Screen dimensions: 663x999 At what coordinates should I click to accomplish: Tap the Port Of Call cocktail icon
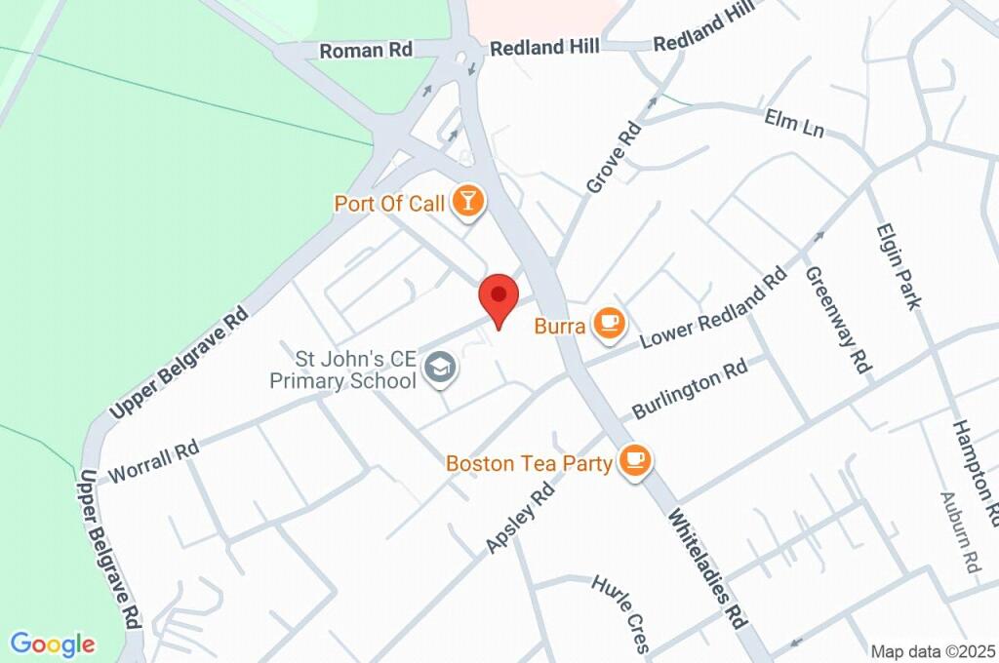[x=469, y=203]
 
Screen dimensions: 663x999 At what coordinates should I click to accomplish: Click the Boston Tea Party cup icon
[x=636, y=461]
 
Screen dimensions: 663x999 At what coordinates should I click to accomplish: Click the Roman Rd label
[x=366, y=50]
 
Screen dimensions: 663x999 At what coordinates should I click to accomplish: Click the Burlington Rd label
[x=691, y=389]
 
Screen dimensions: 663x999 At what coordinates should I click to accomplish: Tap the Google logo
[x=53, y=643]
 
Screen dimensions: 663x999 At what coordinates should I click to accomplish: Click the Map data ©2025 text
[x=933, y=651]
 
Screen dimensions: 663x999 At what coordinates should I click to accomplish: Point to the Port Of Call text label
[x=389, y=204]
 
